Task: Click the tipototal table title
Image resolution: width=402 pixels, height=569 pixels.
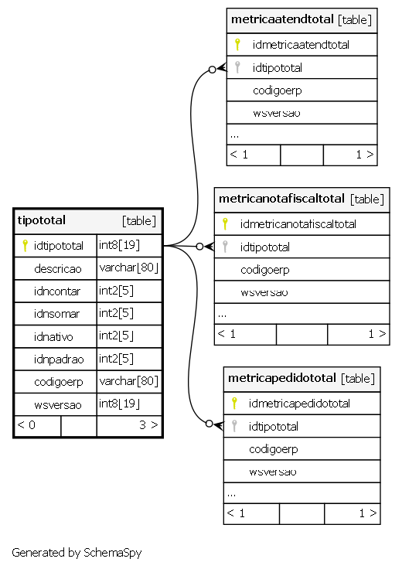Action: (42, 220)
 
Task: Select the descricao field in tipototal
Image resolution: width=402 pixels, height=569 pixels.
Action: (58, 269)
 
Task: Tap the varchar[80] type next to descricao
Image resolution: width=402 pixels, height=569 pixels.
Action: (128, 267)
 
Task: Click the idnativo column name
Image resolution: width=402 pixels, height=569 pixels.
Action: (53, 337)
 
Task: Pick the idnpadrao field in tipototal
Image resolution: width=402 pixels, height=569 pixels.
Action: (59, 359)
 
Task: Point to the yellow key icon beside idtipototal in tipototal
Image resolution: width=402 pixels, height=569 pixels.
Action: (25, 246)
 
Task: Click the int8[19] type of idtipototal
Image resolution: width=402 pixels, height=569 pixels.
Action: (119, 245)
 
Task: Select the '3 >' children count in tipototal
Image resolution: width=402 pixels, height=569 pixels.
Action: (148, 425)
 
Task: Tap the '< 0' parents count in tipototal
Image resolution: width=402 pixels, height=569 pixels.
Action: (26, 425)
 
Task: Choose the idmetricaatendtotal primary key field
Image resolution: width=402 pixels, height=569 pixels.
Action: (301, 45)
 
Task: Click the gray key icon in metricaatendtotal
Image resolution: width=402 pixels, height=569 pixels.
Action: (237, 67)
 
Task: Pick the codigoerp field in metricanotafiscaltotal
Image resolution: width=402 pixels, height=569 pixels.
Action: (265, 270)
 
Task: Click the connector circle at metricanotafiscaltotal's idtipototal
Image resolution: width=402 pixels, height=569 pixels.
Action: (199, 247)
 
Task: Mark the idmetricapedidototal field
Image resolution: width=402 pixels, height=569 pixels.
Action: (299, 403)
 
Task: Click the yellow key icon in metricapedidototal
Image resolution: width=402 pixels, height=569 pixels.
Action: (234, 403)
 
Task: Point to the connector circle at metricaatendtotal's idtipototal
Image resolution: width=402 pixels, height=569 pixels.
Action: (213, 70)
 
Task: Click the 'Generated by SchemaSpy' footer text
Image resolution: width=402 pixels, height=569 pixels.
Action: (77, 553)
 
